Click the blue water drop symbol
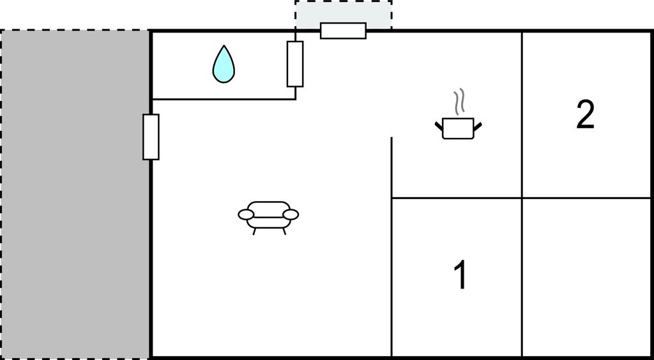pyautogui.click(x=224, y=64)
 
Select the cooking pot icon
pyautogui.click(x=458, y=128)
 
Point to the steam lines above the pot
pyautogui.click(x=459, y=101)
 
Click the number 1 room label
pyautogui.click(x=460, y=274)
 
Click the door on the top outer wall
pyautogui.click(x=343, y=31)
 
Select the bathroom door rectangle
pyautogui.click(x=295, y=64)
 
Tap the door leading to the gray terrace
pyautogui.click(x=151, y=137)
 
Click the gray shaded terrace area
pyautogui.click(x=75, y=194)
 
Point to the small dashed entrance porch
pyautogui.click(x=343, y=15)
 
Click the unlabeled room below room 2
pyautogui.click(x=586, y=277)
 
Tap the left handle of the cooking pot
pyautogui.click(x=438, y=125)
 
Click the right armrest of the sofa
pyautogui.click(x=291, y=214)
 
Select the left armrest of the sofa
pyautogui.click(x=246, y=214)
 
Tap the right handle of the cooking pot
pyautogui.click(x=478, y=125)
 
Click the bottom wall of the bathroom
pyautogui.click(x=224, y=99)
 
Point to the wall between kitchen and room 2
pyautogui.click(x=522, y=115)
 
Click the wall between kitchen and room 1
pyautogui.click(x=457, y=198)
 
